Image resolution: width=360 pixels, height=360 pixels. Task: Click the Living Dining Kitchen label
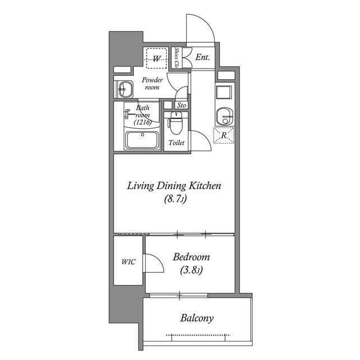click(x=174, y=185)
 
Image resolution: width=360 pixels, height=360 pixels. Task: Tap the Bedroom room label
click(x=191, y=257)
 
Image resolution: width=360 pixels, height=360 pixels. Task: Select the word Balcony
click(x=196, y=318)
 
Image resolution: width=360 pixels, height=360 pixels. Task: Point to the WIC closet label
click(x=128, y=262)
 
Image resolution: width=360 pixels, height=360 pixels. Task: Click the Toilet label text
click(x=177, y=143)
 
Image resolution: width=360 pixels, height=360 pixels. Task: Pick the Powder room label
click(x=152, y=83)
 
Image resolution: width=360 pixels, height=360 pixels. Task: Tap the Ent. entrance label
click(x=202, y=57)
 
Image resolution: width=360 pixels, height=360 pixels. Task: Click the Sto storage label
click(x=181, y=105)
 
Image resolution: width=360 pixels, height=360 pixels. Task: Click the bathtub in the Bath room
click(x=142, y=139)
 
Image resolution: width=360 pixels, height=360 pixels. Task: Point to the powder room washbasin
click(x=124, y=89)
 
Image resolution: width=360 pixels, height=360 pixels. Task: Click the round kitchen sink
click(x=224, y=115)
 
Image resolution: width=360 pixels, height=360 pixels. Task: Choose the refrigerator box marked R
click(x=224, y=136)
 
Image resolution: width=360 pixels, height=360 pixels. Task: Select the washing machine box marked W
click(x=157, y=58)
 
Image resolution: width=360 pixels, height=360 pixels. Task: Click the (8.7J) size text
click(x=175, y=199)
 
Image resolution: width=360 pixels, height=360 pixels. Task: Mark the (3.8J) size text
click(x=191, y=271)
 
